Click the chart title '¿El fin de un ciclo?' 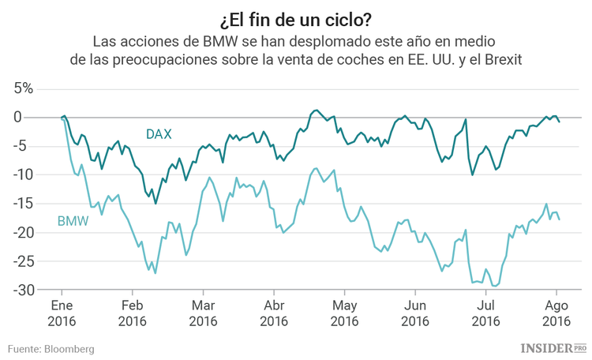295,17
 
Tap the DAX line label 159,134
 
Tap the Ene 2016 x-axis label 62,313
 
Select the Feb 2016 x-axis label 132,313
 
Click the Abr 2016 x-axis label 274,313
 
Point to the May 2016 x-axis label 345,313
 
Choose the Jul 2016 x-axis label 486,313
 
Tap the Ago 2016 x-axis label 556,313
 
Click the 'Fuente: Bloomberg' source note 51,348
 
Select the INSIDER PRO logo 553,347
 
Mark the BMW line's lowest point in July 495,286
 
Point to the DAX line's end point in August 560,122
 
